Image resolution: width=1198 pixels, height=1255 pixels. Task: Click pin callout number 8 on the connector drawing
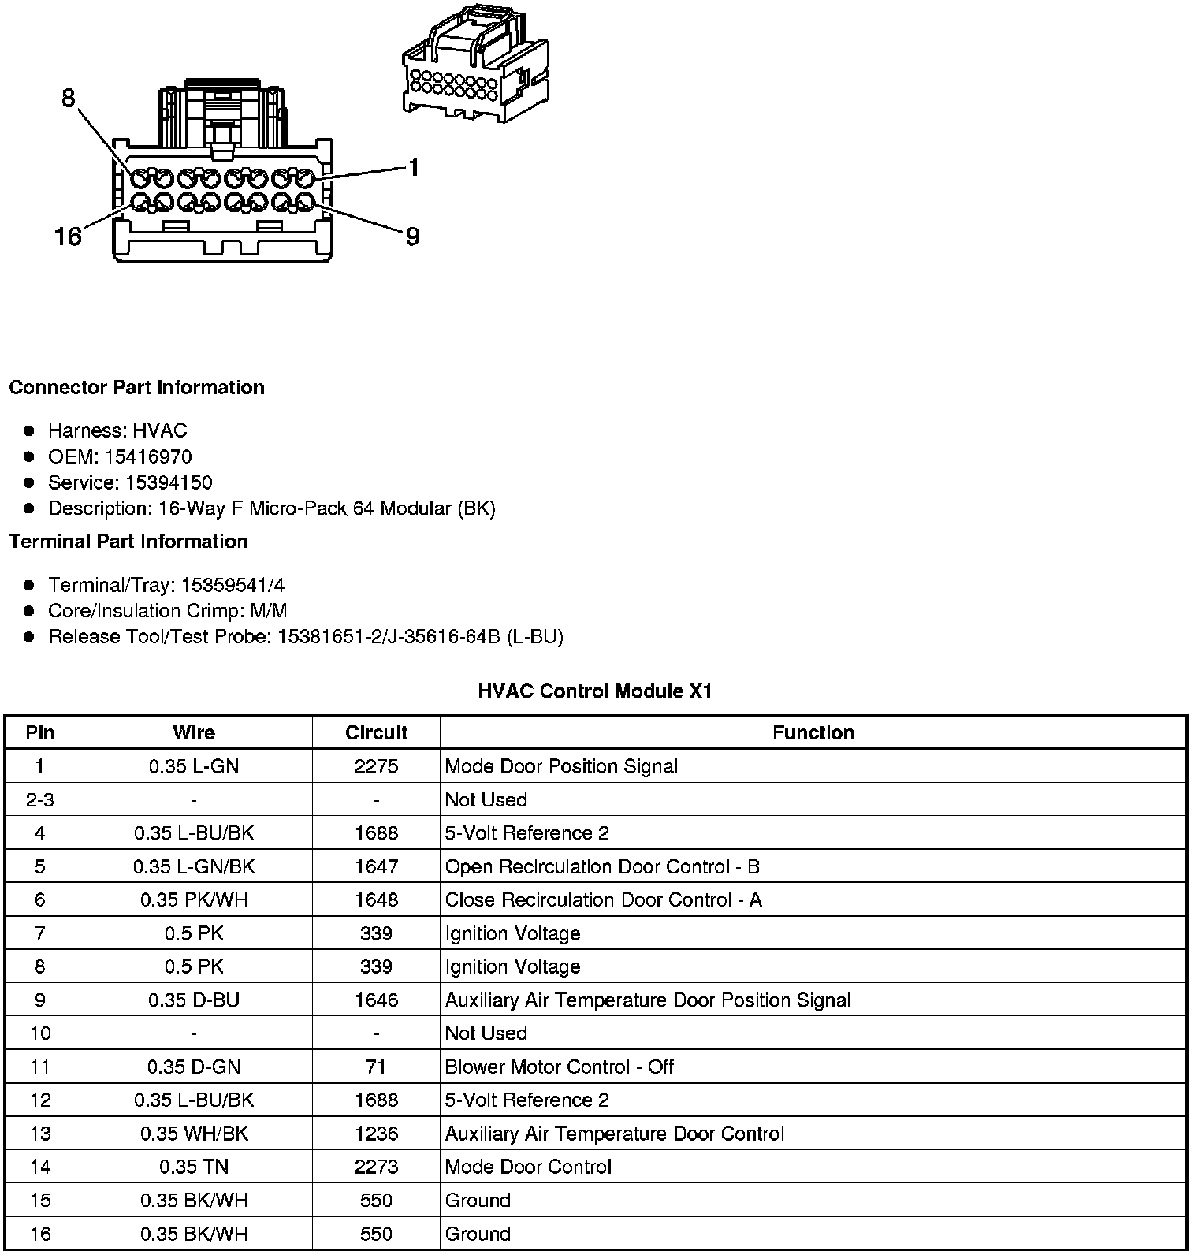point(69,99)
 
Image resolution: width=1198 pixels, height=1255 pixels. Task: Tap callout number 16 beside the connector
point(69,236)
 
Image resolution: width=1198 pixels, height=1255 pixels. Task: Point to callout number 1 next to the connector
point(413,167)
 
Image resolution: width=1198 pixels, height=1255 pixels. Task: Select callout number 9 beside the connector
point(412,236)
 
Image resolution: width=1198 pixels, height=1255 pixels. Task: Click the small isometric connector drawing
point(475,66)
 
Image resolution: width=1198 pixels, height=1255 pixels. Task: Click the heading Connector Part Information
point(137,388)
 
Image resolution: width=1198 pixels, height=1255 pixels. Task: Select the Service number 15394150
point(169,482)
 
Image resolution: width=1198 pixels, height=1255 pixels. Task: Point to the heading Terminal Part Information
point(128,542)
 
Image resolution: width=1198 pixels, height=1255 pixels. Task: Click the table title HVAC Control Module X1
point(595,691)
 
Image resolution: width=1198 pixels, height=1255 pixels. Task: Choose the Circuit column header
point(376,732)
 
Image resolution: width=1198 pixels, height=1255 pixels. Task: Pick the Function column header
point(813,732)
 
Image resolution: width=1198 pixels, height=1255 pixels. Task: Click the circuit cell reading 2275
point(376,766)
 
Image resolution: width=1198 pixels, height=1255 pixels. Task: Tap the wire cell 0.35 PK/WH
point(194,899)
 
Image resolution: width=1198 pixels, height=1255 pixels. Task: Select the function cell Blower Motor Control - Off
point(559,1067)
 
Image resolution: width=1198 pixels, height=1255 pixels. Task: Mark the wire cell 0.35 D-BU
point(194,1000)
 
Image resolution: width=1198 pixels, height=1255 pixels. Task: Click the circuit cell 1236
point(376,1134)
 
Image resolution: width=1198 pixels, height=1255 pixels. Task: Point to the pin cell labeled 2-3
point(40,799)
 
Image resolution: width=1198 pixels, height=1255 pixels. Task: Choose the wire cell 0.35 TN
point(194,1167)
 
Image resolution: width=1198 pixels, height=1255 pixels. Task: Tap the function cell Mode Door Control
point(528,1167)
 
